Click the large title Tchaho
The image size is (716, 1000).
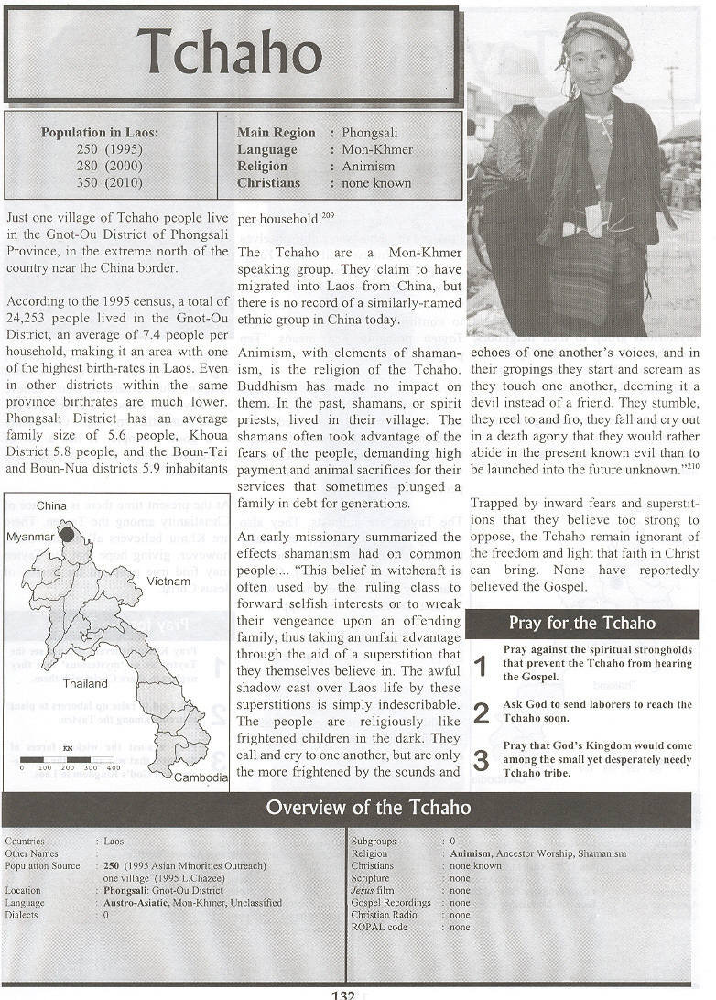(231, 54)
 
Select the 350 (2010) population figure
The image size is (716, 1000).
(112, 182)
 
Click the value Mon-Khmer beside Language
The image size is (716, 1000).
(377, 149)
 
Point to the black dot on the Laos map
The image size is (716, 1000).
(67, 535)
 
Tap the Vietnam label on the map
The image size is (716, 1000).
(168, 582)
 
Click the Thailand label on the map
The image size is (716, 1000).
(85, 683)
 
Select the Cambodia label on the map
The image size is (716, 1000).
(202, 777)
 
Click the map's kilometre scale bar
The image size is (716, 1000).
(70, 759)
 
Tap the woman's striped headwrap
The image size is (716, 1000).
(598, 32)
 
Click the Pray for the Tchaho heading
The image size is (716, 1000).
(582, 624)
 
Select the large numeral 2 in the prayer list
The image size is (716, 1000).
(482, 713)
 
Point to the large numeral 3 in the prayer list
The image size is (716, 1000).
(482, 760)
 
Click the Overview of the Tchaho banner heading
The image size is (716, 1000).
(368, 808)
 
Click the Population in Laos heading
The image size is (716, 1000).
(99, 133)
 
